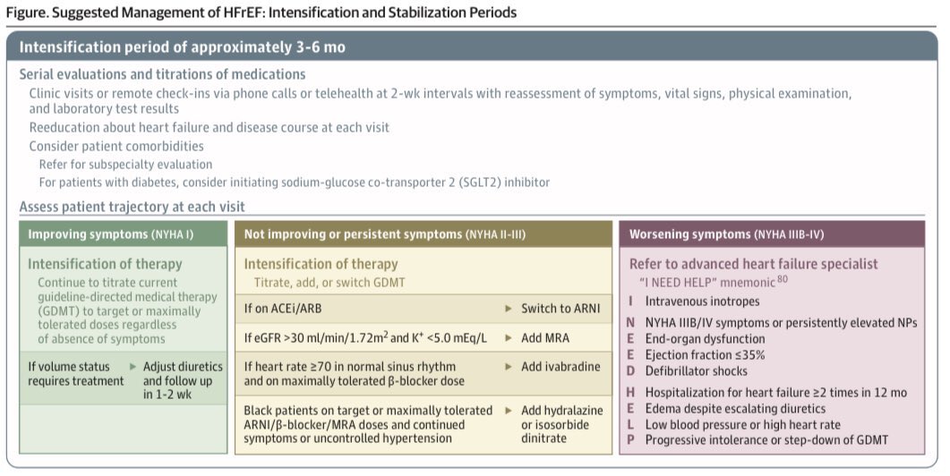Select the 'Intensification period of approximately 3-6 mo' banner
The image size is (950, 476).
(183, 47)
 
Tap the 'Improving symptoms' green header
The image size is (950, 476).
(111, 234)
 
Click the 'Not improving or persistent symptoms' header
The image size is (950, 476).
(384, 234)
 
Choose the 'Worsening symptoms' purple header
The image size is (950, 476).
(726, 234)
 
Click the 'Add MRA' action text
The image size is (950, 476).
(545, 338)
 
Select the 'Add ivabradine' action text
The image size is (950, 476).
(561, 367)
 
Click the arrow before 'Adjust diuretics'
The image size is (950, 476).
(132, 367)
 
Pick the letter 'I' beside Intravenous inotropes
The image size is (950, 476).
(630, 302)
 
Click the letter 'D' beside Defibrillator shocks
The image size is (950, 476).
(631, 370)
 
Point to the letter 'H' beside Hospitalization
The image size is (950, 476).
(631, 393)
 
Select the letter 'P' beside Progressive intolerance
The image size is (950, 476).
(631, 439)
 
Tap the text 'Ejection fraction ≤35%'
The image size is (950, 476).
(706, 355)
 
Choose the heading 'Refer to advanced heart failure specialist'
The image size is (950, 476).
(753, 264)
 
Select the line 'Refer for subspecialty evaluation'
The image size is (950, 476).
(125, 165)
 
